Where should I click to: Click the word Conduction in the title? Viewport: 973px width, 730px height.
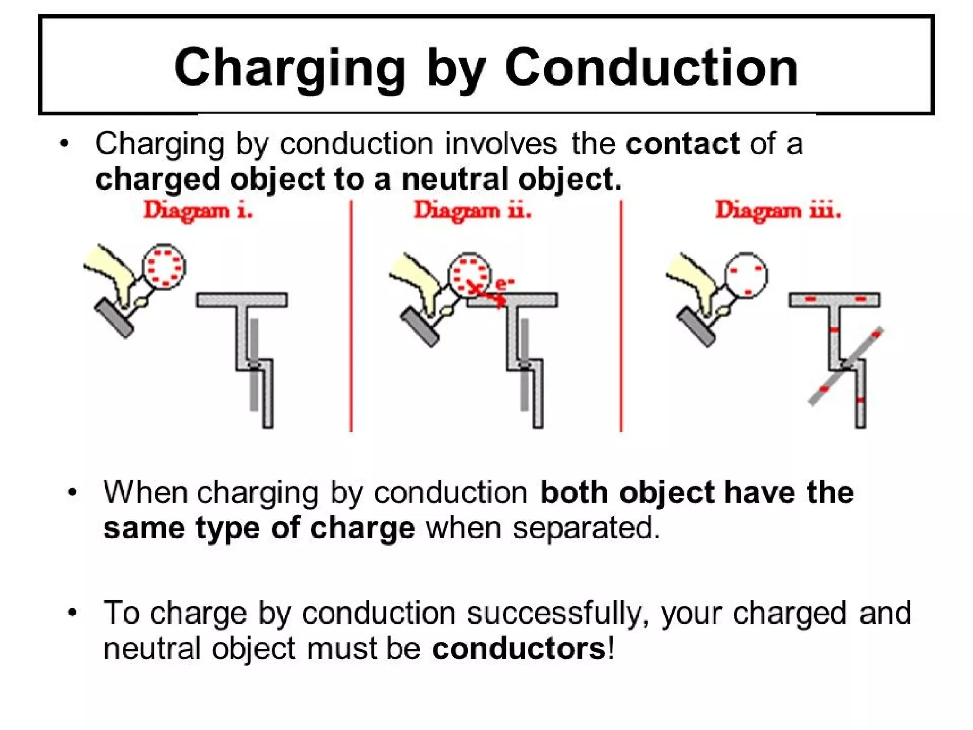[x=651, y=68]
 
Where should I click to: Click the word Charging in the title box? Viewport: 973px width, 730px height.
[x=290, y=68]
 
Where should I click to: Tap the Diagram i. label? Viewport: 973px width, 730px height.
[x=198, y=210]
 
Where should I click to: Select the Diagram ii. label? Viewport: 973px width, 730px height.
[x=472, y=210]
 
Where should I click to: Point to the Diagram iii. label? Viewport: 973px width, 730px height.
[x=778, y=210]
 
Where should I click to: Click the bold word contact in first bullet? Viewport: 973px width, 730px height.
[x=682, y=144]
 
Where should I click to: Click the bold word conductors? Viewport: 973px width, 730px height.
[x=519, y=649]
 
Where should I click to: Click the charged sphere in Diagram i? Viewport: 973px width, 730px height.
[x=164, y=266]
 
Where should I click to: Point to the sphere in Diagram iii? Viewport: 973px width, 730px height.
[x=746, y=276]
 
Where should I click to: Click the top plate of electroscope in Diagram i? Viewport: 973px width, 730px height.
[x=242, y=300]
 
